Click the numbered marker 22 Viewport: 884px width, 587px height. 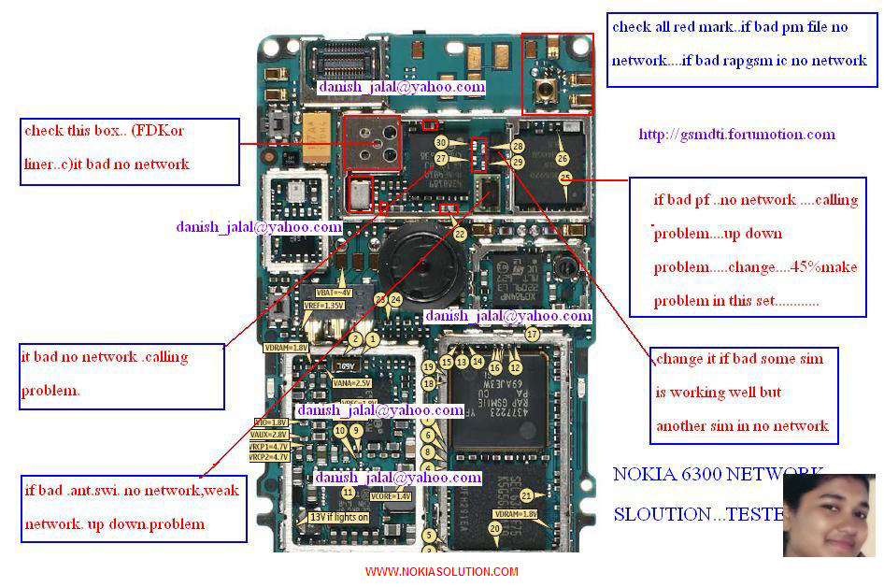pos(460,236)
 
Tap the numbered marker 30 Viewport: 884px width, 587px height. pos(441,143)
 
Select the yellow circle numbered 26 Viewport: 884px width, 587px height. pos(563,160)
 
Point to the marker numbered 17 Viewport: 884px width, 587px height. pos(533,334)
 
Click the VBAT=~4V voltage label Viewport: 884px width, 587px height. pos(334,293)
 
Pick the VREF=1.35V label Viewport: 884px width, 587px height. pos(324,306)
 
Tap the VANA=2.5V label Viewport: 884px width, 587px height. pos(351,382)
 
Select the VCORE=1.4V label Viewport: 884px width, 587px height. pos(391,496)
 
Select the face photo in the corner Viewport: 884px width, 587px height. pos(829,515)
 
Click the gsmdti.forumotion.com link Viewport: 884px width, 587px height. pos(736,135)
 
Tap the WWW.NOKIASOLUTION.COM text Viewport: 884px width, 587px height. pos(441,572)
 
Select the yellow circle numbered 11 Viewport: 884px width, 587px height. pos(348,492)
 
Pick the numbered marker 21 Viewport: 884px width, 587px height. pos(527,495)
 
